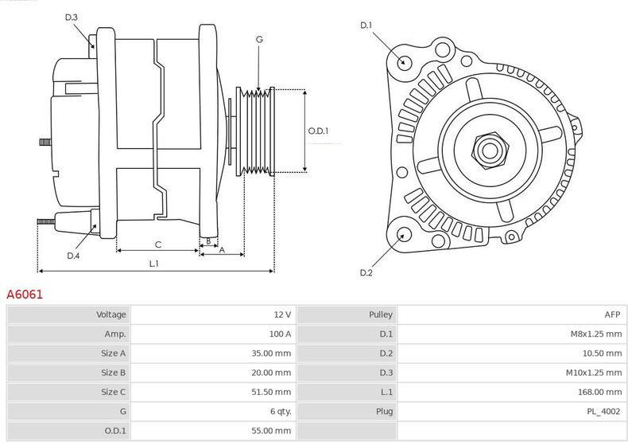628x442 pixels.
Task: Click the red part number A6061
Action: point(25,294)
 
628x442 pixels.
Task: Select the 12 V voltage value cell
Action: point(281,315)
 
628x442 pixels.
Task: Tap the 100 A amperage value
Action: point(279,334)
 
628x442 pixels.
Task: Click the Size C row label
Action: point(114,392)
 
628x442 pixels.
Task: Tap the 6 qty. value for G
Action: point(281,411)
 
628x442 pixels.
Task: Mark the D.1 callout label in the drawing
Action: point(366,25)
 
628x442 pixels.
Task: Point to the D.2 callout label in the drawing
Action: point(366,273)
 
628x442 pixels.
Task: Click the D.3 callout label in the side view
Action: point(71,17)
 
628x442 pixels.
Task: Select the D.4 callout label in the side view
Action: point(73,256)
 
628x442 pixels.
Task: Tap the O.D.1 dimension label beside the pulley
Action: point(318,131)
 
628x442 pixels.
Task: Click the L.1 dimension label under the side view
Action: point(154,264)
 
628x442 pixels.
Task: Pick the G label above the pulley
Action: point(259,38)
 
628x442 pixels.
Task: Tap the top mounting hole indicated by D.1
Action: point(404,61)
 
